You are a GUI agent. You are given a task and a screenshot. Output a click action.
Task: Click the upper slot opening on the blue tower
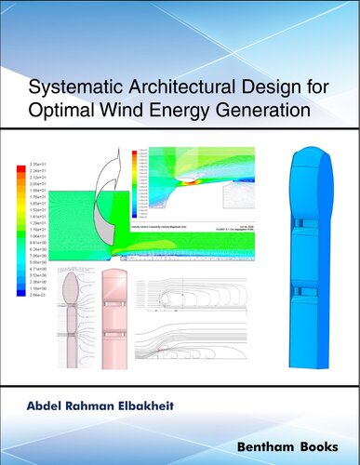(313, 226)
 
